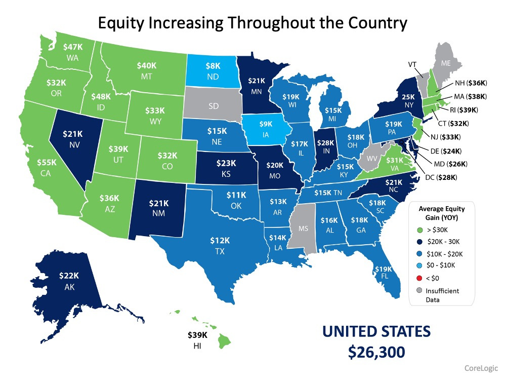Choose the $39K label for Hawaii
pyautogui.click(x=197, y=335)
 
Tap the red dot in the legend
pyautogui.click(x=418, y=278)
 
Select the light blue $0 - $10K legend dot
pyautogui.click(x=418, y=265)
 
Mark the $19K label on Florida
pyautogui.click(x=383, y=269)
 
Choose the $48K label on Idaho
pyautogui.click(x=101, y=96)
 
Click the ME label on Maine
pyautogui.click(x=445, y=64)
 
